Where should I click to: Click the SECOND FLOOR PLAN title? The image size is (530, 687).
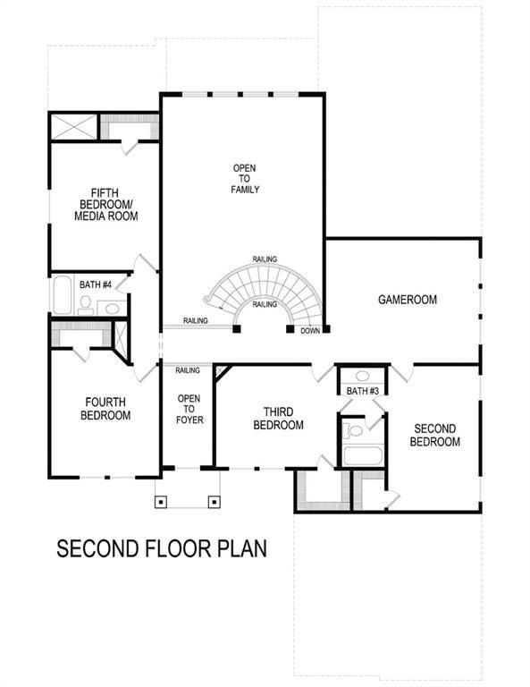[162, 547]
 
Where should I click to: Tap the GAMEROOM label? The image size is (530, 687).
[407, 300]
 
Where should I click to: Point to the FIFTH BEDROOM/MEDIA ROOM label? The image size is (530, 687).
[105, 204]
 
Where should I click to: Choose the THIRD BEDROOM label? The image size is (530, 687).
[278, 418]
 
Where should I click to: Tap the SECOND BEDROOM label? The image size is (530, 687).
[435, 436]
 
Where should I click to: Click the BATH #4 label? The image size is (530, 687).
[96, 284]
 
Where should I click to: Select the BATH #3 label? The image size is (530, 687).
[363, 392]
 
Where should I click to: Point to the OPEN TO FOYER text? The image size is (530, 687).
[189, 409]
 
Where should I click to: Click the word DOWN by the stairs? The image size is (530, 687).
[310, 330]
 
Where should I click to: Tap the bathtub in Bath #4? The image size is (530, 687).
[63, 296]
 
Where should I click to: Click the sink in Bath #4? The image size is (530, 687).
[112, 309]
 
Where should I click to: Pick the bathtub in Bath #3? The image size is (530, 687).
[363, 454]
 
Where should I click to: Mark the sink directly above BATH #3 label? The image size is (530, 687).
[363, 377]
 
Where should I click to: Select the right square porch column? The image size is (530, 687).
[214, 501]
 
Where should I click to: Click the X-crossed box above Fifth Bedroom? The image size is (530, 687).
[73, 126]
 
